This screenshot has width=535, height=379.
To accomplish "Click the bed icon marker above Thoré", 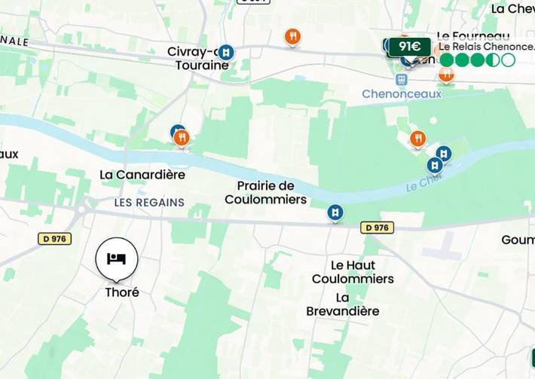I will tap(116, 258).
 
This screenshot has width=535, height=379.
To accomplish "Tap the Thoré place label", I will tap(122, 292).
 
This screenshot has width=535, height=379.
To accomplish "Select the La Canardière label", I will tap(142, 175).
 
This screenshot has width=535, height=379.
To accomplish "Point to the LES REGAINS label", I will tap(149, 203).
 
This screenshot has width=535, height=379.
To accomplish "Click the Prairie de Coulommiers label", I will tap(265, 193).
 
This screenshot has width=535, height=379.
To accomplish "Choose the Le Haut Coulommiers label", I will tap(353, 272).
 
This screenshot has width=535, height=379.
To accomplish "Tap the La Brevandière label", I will tap(343, 304).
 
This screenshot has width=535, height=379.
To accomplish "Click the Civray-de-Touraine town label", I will tap(198, 59).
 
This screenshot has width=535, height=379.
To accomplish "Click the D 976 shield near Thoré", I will tap(54, 239).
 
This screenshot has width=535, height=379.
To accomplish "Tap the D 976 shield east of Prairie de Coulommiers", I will tap(377, 228).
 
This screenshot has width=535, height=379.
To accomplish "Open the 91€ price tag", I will tap(409, 47).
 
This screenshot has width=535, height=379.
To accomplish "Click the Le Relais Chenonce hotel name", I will tap(487, 47).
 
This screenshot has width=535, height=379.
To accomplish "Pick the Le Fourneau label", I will tap(473, 35).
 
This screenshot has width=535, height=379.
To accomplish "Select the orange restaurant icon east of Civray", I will tap(293, 36).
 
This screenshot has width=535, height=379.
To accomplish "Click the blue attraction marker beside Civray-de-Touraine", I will tap(226, 52).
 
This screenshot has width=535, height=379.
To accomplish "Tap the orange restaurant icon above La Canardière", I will tap(182, 138).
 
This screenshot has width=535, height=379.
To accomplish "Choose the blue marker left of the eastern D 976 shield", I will tap(335, 213).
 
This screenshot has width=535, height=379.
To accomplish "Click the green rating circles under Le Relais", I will tap(477, 60).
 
